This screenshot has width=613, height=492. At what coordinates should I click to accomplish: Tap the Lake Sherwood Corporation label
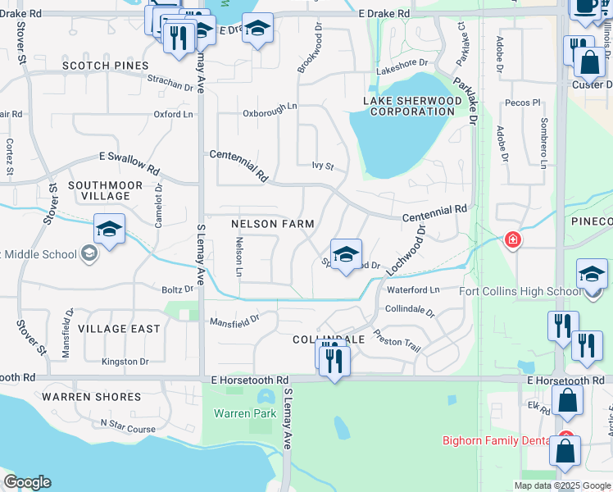click(412, 106)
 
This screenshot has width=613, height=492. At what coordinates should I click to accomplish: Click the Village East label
click(119, 329)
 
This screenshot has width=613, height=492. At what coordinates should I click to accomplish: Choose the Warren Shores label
click(91, 397)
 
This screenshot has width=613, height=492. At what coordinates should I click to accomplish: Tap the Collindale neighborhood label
click(329, 339)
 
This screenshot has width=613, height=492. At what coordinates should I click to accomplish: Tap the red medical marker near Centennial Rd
click(512, 239)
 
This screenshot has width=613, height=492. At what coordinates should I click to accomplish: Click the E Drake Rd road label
click(384, 14)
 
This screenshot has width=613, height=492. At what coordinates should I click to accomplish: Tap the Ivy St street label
click(323, 166)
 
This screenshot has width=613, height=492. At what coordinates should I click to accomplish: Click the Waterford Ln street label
click(413, 289)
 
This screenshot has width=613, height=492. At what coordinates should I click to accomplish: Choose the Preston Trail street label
click(397, 340)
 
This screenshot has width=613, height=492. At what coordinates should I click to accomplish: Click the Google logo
click(27, 482)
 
